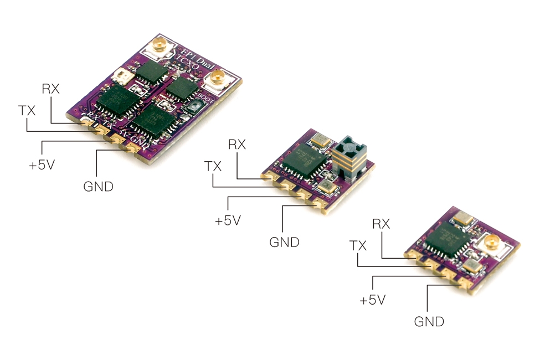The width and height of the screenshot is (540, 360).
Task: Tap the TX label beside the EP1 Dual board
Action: pos(27,111)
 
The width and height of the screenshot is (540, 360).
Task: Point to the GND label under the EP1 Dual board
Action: pos(98,187)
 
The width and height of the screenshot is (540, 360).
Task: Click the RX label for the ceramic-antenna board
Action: pos(237,145)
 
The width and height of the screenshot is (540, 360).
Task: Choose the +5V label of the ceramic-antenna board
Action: pos(228,220)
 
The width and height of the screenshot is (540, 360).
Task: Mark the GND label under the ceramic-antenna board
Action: pos(284,242)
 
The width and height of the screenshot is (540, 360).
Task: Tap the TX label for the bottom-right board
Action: pos(358,245)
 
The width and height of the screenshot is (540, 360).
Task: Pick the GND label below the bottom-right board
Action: pos(429,321)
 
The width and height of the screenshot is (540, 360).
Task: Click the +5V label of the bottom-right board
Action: pos(373,300)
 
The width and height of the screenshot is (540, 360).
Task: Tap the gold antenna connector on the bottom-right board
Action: pos(490,241)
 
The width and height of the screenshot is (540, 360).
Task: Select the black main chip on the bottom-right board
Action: pos(448,241)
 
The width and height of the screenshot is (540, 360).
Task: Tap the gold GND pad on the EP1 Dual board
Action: pos(133,148)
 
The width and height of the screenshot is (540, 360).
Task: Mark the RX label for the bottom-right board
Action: pos(381,224)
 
